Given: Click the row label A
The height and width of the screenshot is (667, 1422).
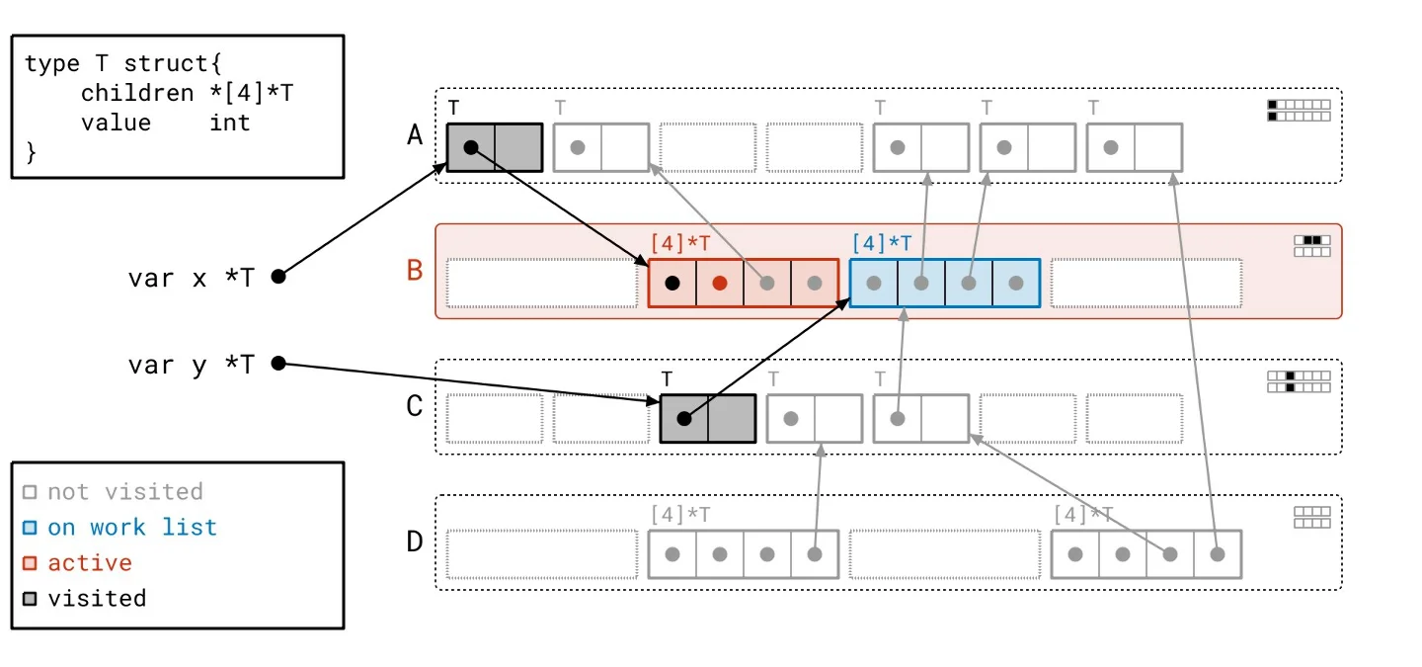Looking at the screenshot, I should pyautogui.click(x=415, y=135).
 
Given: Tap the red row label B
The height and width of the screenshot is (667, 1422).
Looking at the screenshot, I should pyautogui.click(x=415, y=270).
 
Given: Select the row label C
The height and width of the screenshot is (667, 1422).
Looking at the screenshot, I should pyautogui.click(x=415, y=406).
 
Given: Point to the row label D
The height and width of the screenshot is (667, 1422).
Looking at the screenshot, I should pyautogui.click(x=415, y=542).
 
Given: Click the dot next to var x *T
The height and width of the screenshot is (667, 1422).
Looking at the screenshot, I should pyautogui.click(x=278, y=277).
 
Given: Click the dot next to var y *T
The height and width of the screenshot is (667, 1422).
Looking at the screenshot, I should pyautogui.click(x=278, y=364).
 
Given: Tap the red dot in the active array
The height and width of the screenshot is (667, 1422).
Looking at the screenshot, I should pyautogui.click(x=720, y=284).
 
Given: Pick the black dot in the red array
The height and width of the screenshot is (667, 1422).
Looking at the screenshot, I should pyautogui.click(x=672, y=284).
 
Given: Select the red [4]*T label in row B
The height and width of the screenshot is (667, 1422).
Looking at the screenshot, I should pyautogui.click(x=679, y=242).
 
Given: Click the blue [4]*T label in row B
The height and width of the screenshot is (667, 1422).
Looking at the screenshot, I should pyautogui.click(x=881, y=242).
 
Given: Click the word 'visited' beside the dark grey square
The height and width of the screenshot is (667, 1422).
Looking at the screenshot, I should pyautogui.click(x=97, y=598).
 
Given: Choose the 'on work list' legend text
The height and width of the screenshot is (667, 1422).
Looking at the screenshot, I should pyautogui.click(x=132, y=527).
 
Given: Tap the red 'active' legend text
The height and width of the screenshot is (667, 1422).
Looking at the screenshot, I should pyautogui.click(x=90, y=562).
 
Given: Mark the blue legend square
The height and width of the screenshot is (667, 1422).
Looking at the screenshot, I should pyautogui.click(x=30, y=528).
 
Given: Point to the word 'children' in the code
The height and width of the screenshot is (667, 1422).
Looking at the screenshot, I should pyautogui.click(x=137, y=93).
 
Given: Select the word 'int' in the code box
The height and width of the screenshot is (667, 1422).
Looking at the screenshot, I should pyautogui.click(x=229, y=123).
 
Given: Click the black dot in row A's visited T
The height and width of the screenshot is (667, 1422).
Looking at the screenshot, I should pyautogui.click(x=471, y=147).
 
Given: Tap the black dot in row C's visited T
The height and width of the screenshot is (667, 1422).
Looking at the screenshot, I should pyautogui.click(x=684, y=418).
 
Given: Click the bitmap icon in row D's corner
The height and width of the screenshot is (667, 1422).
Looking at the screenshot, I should pyautogui.click(x=1311, y=517).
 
